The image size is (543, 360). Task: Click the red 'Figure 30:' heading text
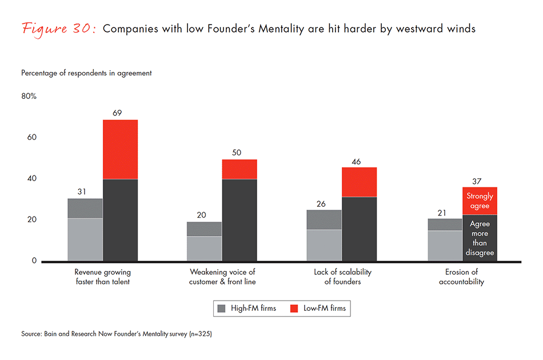(x=58, y=29)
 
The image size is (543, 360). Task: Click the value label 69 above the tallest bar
(x=117, y=113)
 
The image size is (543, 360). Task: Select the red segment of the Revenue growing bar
(x=120, y=149)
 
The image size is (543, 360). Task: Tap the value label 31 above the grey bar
(x=82, y=191)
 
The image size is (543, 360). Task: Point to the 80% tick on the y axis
(x=29, y=96)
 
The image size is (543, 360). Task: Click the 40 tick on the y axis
(x=32, y=178)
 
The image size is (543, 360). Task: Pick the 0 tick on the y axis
(x=34, y=261)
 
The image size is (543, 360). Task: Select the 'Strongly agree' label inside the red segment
(x=480, y=201)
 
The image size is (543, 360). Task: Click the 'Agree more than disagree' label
(x=480, y=238)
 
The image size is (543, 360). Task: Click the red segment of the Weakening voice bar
(x=239, y=169)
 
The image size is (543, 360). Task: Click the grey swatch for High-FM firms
(x=222, y=309)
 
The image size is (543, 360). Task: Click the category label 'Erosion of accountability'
(x=462, y=277)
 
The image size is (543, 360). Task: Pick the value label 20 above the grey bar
(x=202, y=215)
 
